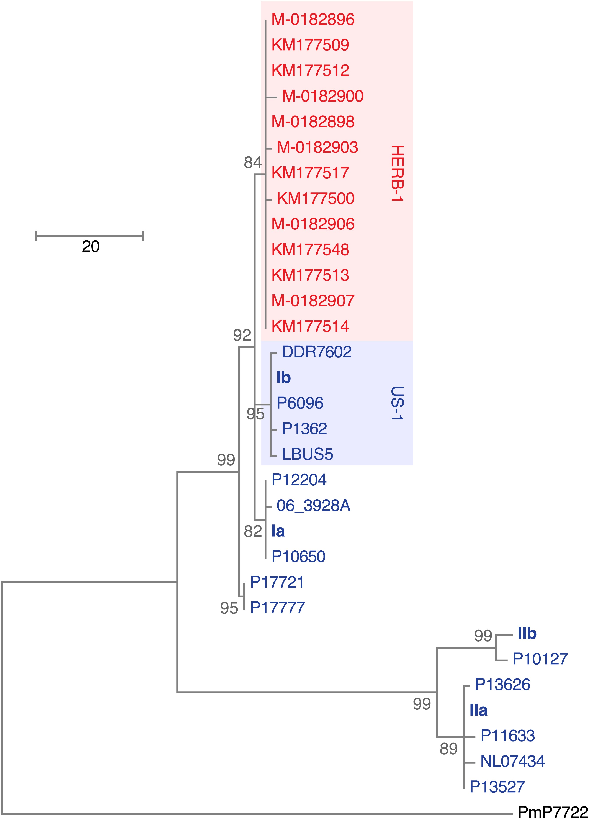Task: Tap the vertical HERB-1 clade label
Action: (x=397, y=173)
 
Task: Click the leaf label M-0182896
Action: (x=313, y=20)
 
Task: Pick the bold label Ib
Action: (x=283, y=378)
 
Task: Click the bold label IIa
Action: (x=478, y=710)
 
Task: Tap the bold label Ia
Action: (x=278, y=531)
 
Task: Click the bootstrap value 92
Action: (x=242, y=336)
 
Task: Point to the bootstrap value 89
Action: (x=448, y=749)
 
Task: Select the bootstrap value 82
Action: (x=252, y=531)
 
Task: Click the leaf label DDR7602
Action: (x=317, y=352)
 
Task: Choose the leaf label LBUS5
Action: (x=307, y=454)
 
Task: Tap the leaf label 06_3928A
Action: (x=313, y=506)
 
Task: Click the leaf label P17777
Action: (x=277, y=608)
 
